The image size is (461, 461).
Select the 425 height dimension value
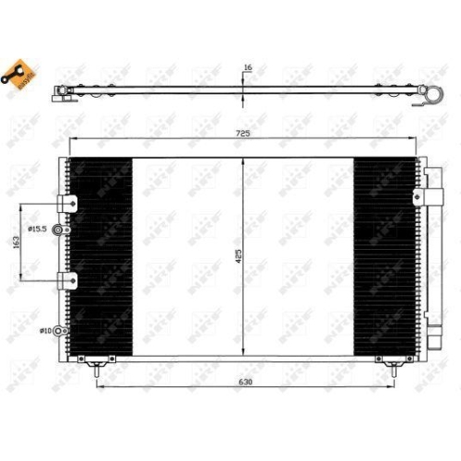238,256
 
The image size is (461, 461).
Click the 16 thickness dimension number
247,67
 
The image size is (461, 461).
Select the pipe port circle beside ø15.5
60,230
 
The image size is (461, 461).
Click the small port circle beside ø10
60,329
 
